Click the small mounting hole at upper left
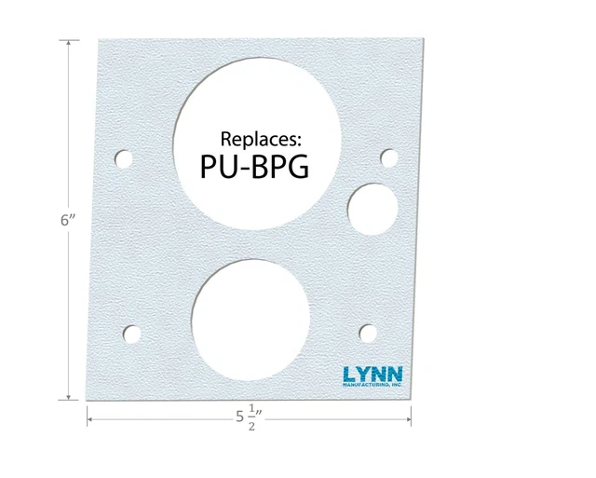pos(123,157)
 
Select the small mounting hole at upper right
pos(389,157)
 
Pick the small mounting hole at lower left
pos(134,332)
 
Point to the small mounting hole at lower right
pos(368,332)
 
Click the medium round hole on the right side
pos(372,206)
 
